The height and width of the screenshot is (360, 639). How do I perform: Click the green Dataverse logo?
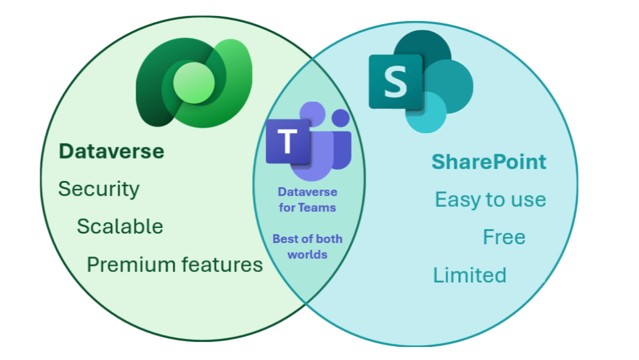pos(194,80)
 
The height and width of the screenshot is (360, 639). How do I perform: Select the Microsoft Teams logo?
pos(308,141)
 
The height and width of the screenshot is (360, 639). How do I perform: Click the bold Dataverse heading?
pos(111,151)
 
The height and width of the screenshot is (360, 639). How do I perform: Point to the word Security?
pos(99,189)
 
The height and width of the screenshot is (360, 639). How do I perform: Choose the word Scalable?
pos(120,227)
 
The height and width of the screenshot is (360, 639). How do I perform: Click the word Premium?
pos(128,265)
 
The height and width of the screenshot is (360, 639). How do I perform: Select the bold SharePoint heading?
pos(489,162)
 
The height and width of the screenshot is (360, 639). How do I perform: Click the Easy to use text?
pos(490,200)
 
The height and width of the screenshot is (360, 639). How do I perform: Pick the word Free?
pos(504,237)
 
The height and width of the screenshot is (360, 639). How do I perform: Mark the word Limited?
pos(469,275)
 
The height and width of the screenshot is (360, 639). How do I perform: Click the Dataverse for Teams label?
pos(307,200)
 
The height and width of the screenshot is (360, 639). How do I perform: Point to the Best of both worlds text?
pos(307,247)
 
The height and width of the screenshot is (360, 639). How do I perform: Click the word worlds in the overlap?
pos(307,255)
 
